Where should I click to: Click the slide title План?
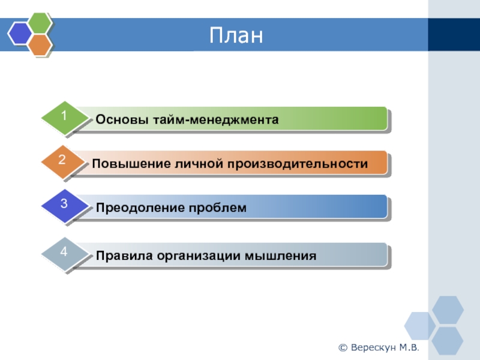point(236,35)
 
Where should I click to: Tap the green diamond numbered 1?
point(65,117)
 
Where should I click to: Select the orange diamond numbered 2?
point(63,161)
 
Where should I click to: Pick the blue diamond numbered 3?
point(65,205)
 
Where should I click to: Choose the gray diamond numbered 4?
point(65,253)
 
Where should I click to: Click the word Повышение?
point(131,163)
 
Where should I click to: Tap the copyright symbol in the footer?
point(343,348)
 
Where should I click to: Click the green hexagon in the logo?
point(40,22)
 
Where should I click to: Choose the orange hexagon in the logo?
point(40,44)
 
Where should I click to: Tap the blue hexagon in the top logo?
point(20,34)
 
